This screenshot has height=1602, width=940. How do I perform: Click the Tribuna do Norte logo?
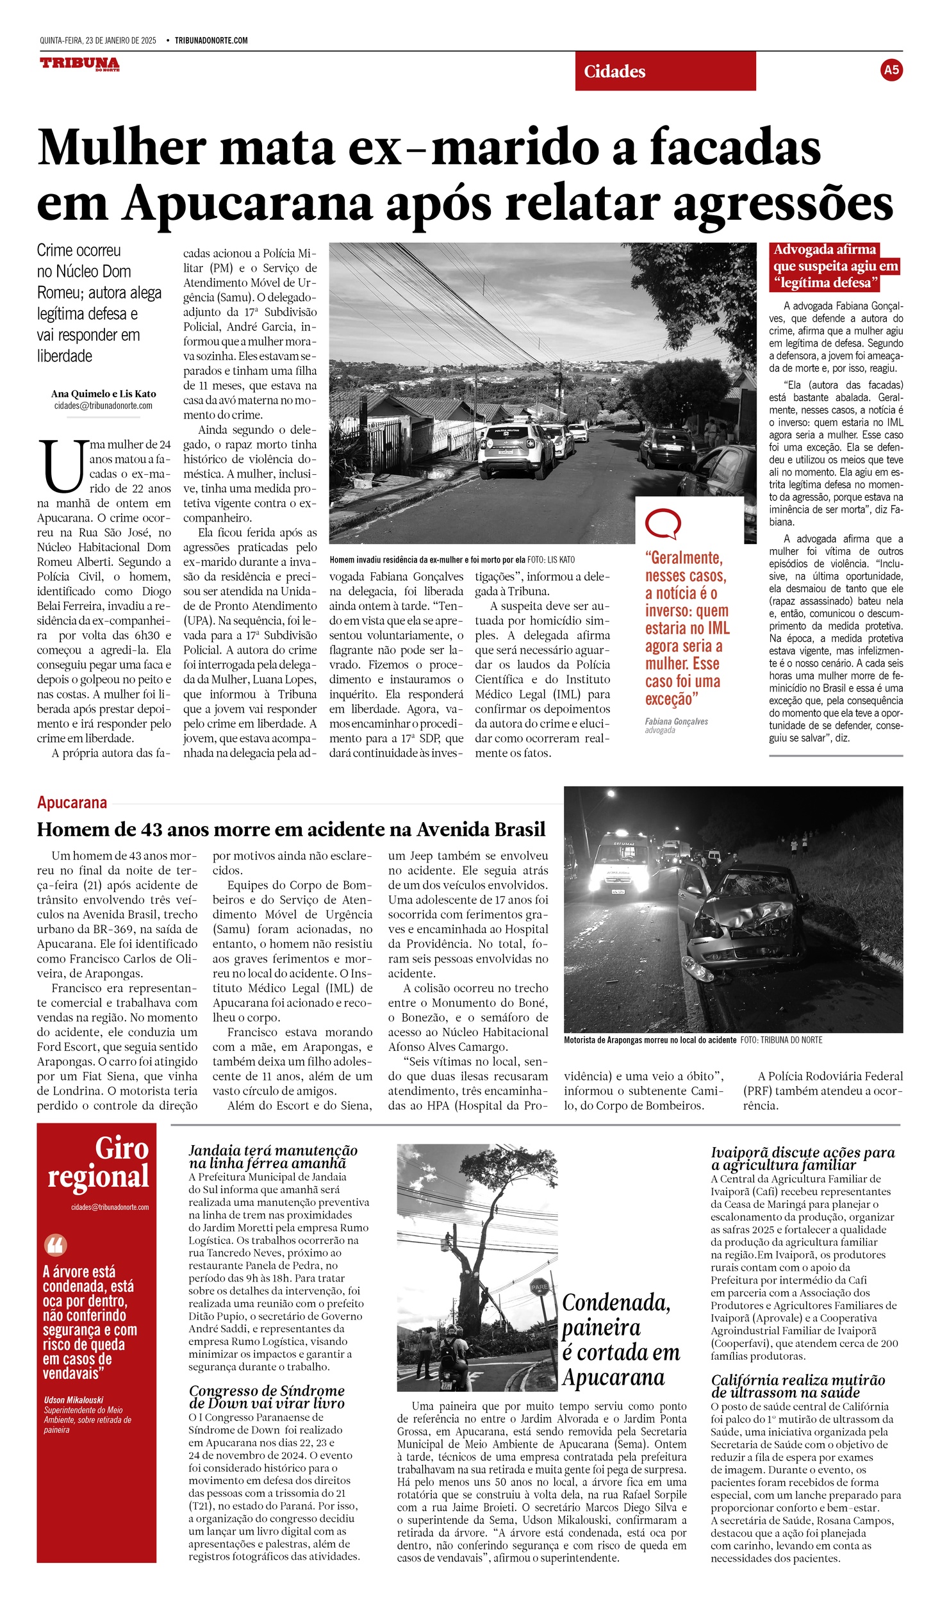pyautogui.click(x=79, y=63)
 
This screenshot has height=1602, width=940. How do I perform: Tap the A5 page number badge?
pyautogui.click(x=891, y=70)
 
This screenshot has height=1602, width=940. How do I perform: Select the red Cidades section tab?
pyautogui.click(x=664, y=71)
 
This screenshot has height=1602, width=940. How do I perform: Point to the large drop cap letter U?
pyautogui.click(x=62, y=465)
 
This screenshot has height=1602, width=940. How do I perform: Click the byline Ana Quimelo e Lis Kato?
pyautogui.click(x=103, y=393)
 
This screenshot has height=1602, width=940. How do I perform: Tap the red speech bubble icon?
pyautogui.click(x=662, y=524)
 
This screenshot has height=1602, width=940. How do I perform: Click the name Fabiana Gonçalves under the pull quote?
pyautogui.click(x=676, y=722)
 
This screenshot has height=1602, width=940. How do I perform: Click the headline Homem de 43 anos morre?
pyautogui.click(x=291, y=829)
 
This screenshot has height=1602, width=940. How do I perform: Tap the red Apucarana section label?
pyautogui.click(x=72, y=802)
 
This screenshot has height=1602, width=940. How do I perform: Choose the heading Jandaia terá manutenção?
pyautogui.click(x=273, y=1157)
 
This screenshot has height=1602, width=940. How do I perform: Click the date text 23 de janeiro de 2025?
pyautogui.click(x=121, y=40)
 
